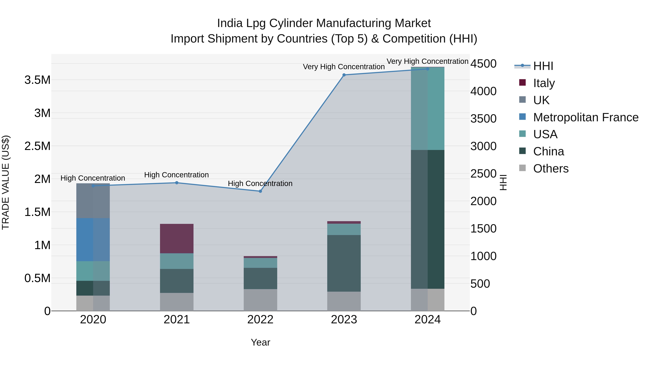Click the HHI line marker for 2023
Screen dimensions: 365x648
344,75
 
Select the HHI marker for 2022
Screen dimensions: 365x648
260,191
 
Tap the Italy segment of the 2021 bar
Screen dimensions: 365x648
177,238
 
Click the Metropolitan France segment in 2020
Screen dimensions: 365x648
93,240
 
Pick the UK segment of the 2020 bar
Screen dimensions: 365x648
93,201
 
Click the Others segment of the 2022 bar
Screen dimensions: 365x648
260,300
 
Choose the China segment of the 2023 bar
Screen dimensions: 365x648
344,263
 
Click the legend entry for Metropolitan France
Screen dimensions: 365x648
586,117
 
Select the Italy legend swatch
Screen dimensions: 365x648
523,83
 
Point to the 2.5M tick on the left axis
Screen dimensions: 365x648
37,146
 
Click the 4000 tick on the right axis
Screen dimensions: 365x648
483,91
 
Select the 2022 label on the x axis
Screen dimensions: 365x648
260,320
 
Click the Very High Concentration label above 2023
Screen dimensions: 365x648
344,67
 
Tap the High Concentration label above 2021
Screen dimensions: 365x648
176,175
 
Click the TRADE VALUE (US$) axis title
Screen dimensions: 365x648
6,182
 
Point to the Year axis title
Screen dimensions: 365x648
260,342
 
